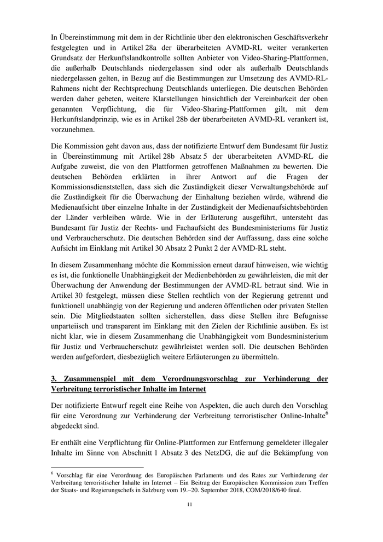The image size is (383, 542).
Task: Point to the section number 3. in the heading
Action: (54, 379)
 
